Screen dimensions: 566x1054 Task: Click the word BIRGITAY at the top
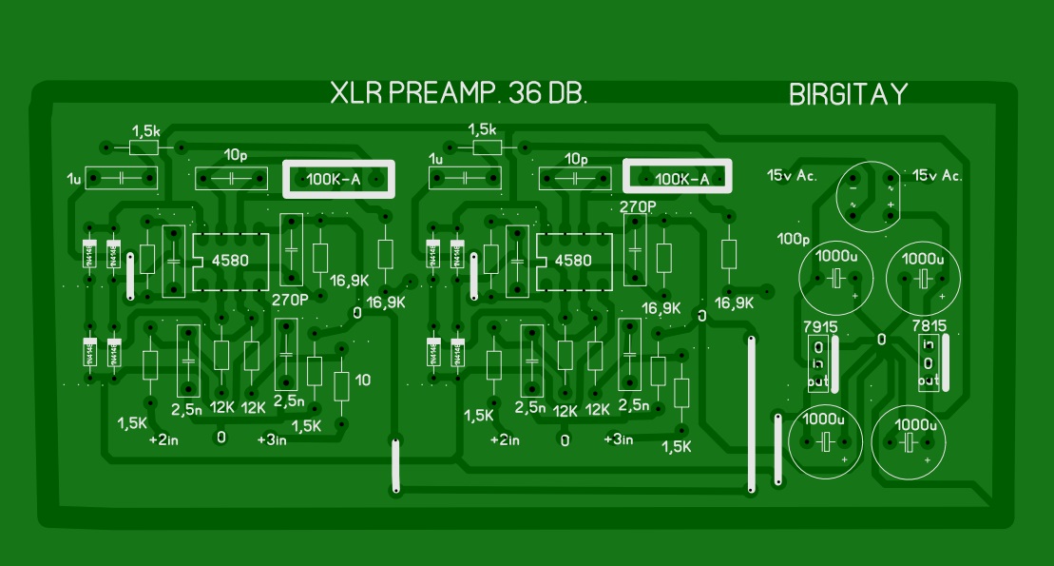tap(848, 95)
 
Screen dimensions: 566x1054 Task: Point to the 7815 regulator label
tap(929, 326)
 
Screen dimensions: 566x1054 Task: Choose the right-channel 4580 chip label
tap(572, 260)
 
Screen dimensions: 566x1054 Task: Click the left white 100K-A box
tap(337, 178)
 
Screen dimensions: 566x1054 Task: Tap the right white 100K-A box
tap(679, 178)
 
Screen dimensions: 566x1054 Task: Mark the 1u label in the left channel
tap(73, 179)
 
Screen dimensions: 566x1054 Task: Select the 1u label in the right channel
tap(436, 158)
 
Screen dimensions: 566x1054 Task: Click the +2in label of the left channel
tap(164, 440)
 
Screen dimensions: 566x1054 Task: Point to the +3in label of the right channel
tap(618, 439)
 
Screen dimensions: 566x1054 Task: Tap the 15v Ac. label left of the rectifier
tap(793, 175)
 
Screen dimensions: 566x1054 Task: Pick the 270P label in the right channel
tap(638, 205)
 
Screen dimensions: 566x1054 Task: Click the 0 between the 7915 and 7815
tap(881, 340)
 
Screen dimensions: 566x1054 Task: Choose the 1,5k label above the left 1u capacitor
tap(146, 129)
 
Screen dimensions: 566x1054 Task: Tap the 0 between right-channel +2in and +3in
tap(565, 440)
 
